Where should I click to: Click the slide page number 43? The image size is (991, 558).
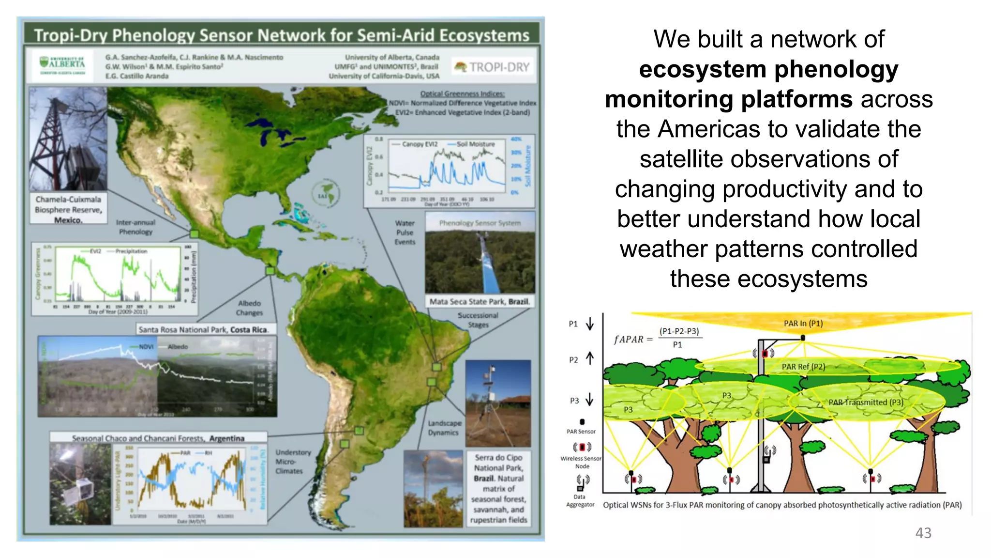pyautogui.click(x=923, y=533)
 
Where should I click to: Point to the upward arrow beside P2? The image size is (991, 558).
pyautogui.click(x=590, y=358)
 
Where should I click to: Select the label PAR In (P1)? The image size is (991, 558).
pyautogui.click(x=803, y=323)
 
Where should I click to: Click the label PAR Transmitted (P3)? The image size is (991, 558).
pyautogui.click(x=865, y=402)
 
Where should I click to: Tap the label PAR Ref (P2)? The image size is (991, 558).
pyautogui.click(x=803, y=367)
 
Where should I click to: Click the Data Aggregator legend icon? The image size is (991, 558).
pyautogui.click(x=582, y=482)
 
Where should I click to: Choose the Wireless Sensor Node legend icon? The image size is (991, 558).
pyautogui.click(x=582, y=447)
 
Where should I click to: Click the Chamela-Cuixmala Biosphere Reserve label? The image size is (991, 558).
pyautogui.click(x=68, y=209)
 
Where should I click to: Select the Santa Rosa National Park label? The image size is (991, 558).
pyautogui.click(x=203, y=329)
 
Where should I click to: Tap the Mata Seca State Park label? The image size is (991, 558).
pyautogui.click(x=480, y=301)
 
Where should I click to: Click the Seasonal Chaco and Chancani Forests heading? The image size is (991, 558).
pyautogui.click(x=158, y=438)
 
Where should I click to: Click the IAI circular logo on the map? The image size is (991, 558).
pyautogui.click(x=325, y=194)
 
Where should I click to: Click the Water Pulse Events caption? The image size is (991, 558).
pyautogui.click(x=405, y=232)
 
